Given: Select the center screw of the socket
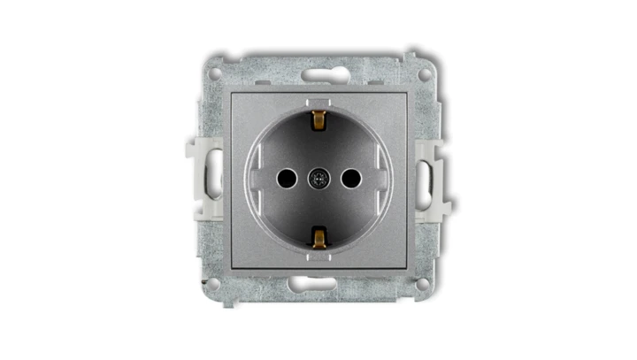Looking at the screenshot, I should (x=318, y=179).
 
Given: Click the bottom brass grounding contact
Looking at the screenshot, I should (x=318, y=236).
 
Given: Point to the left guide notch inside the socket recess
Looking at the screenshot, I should (x=255, y=179).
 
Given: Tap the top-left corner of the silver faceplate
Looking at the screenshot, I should (x=232, y=93).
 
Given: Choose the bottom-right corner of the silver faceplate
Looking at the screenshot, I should (x=405, y=266).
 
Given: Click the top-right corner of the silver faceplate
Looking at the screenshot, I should (x=405, y=93).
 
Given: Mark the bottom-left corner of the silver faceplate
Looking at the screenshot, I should (x=232, y=266).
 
